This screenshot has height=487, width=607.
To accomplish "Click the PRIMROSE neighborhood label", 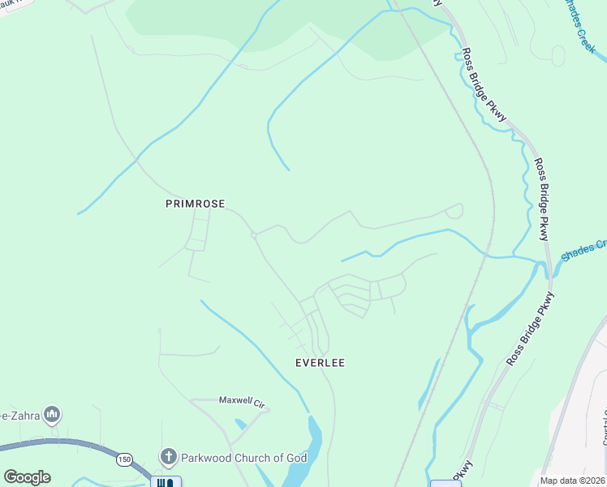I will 195,205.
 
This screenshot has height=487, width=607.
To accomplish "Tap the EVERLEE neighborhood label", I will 319,363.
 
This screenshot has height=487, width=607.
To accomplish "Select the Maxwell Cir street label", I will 242,400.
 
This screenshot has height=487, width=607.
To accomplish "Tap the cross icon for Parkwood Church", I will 169,457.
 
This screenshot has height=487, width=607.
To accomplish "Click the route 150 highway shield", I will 123,459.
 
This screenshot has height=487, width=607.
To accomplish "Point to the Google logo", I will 27,477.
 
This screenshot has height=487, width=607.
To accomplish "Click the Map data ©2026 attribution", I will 572,481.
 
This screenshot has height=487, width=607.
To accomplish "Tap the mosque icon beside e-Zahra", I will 53,416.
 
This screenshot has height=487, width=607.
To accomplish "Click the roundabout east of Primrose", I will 254,235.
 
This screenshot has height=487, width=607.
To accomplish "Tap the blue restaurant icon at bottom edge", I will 166,482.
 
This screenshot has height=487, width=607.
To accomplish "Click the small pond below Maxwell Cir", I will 240,423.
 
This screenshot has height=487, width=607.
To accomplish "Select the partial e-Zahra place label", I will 21,414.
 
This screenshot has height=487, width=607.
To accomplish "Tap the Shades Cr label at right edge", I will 583,248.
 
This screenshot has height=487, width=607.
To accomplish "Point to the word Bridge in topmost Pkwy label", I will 484,84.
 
